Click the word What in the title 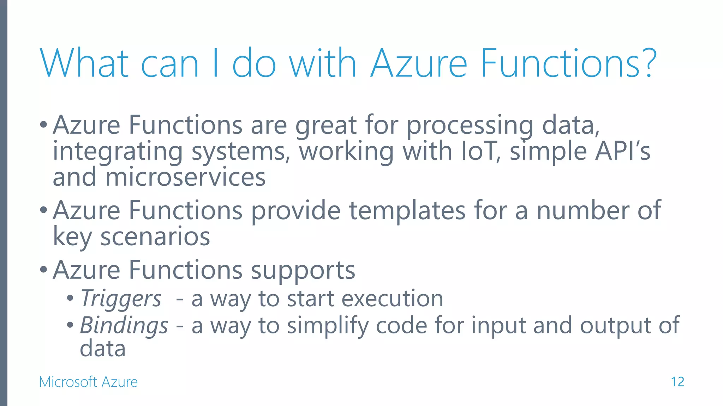pyautogui.click(x=85, y=63)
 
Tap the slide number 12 pyautogui.click(x=677, y=382)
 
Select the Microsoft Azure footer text pyautogui.click(x=88, y=382)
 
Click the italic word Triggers pyautogui.click(x=121, y=299)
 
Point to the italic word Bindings pyautogui.click(x=124, y=325)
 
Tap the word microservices pyautogui.click(x=185, y=177)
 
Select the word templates pyautogui.click(x=407, y=210)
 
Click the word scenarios pyautogui.click(x=155, y=236)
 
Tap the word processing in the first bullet pyautogui.click(x=470, y=125)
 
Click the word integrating pyautogui.click(x=118, y=152)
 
